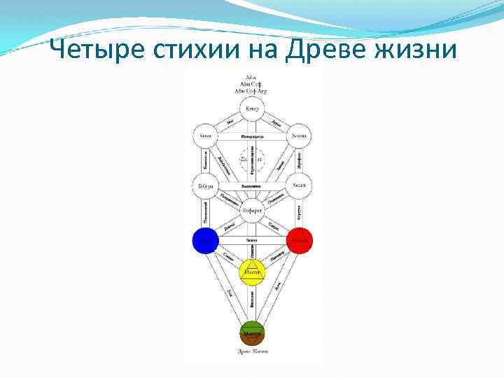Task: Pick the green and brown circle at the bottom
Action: click(x=252, y=333)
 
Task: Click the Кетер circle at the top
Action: click(x=252, y=108)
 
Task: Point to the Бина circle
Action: click(x=205, y=136)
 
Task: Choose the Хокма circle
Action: click(x=299, y=136)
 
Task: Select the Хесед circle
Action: click(x=300, y=185)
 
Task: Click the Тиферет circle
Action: click(x=252, y=209)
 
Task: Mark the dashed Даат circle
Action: click(x=252, y=160)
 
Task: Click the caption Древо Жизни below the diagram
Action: click(x=252, y=351)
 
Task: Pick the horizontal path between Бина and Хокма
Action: click(x=252, y=136)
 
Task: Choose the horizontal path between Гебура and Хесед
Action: click(x=252, y=185)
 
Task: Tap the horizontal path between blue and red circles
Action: click(x=252, y=241)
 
